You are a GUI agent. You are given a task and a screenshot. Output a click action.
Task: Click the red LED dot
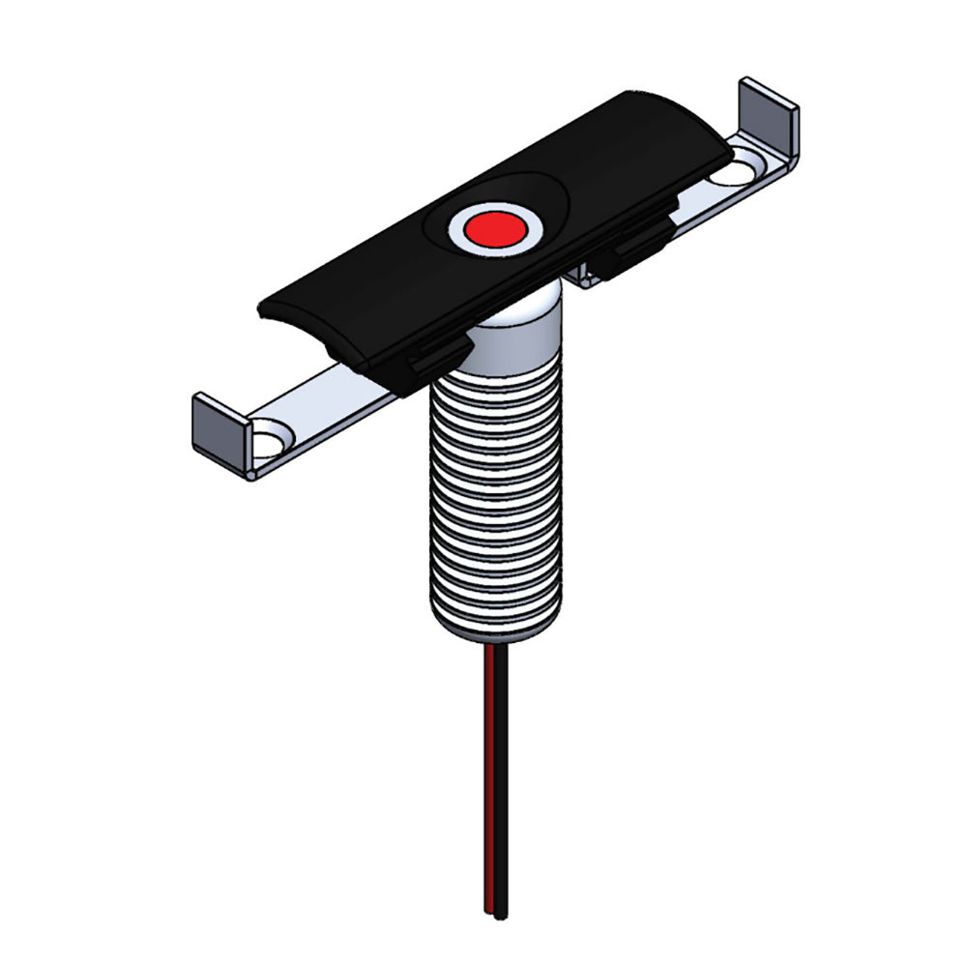click(x=493, y=229)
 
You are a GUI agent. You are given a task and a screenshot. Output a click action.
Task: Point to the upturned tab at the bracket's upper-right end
click(x=770, y=112)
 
